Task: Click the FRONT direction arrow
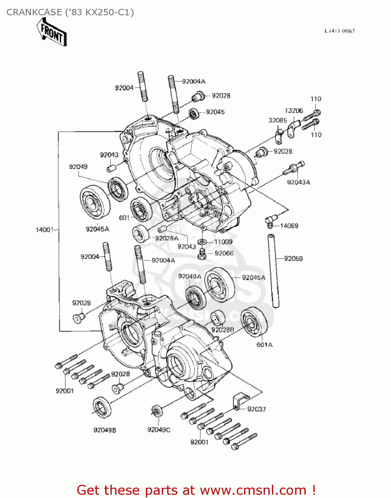pos(52,32)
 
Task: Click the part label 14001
pos(44,230)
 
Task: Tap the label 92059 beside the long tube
pos(293,259)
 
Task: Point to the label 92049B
pos(105,430)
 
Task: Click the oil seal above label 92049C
pos(156,411)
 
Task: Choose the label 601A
pos(264,345)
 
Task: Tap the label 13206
pos(294,111)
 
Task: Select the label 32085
pos(278,121)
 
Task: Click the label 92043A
pos(298,182)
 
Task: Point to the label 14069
pos(289,226)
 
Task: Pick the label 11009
pos(223,242)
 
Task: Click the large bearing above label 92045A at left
pos(95,203)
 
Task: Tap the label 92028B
pos(223,330)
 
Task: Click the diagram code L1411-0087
pos(340,31)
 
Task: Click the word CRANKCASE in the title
pos(34,12)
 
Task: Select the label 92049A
pos(189,277)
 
